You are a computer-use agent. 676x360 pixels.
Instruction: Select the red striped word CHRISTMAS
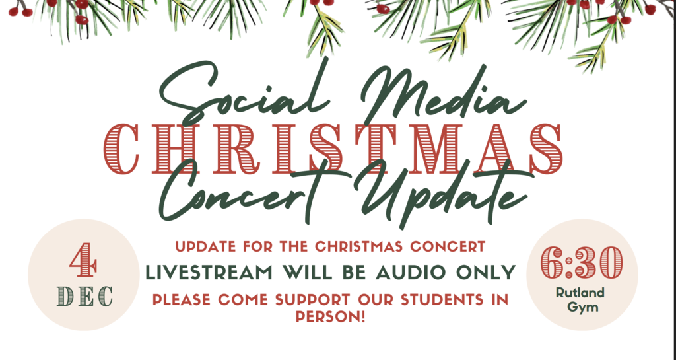(x=333, y=147)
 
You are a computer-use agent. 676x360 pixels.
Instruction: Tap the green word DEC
(x=84, y=295)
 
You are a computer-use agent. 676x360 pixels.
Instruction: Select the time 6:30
(x=582, y=263)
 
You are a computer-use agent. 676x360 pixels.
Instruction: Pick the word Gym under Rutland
(x=582, y=307)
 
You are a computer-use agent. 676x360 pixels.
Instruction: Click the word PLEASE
(x=182, y=300)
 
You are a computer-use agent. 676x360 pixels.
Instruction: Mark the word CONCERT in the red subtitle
(x=450, y=247)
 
